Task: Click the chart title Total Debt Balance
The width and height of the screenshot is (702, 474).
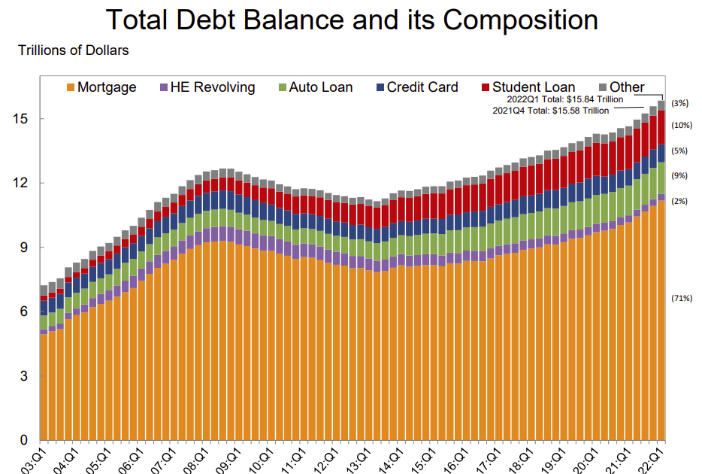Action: (352, 20)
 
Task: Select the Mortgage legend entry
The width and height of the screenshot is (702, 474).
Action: (107, 87)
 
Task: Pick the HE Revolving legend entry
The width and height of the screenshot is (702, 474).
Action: (213, 87)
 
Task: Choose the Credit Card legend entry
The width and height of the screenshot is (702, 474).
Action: (422, 87)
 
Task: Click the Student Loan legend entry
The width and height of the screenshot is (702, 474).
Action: (534, 87)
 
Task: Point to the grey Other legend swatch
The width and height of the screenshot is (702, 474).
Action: (603, 87)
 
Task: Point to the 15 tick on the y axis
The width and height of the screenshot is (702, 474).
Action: (24, 119)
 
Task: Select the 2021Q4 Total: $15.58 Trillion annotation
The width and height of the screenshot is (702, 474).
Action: (550, 110)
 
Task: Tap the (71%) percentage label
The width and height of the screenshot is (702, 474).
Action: (681, 298)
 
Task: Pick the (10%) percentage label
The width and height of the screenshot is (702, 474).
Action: (681, 126)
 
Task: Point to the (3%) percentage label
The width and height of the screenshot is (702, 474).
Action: (679, 103)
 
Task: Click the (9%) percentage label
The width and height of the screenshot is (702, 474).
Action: (679, 176)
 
